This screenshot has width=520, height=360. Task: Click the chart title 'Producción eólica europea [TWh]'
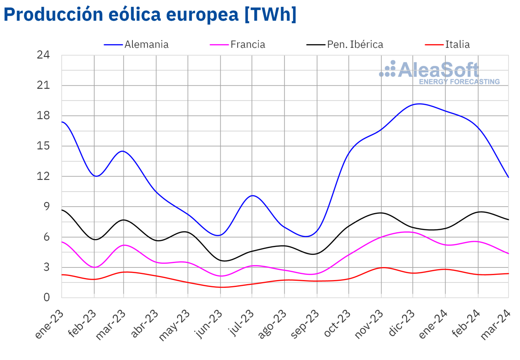(x=150, y=15)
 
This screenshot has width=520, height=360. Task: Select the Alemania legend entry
(x=146, y=44)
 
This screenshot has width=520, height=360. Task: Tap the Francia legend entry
(x=247, y=44)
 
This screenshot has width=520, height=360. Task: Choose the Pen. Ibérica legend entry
(x=355, y=44)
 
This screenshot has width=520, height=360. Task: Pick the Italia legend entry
(x=457, y=44)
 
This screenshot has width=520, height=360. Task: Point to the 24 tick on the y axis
(x=43, y=55)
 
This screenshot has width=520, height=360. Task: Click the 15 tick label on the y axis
(x=43, y=146)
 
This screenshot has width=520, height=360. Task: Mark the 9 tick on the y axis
(x=46, y=207)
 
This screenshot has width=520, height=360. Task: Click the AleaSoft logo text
(x=439, y=70)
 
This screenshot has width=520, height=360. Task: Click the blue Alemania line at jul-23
(x=252, y=196)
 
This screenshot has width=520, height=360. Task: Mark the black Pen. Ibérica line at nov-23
(x=381, y=213)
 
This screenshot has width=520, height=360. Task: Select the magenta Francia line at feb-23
(x=94, y=267)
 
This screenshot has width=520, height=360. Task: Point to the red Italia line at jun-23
(x=220, y=287)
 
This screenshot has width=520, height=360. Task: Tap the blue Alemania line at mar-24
(x=508, y=177)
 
